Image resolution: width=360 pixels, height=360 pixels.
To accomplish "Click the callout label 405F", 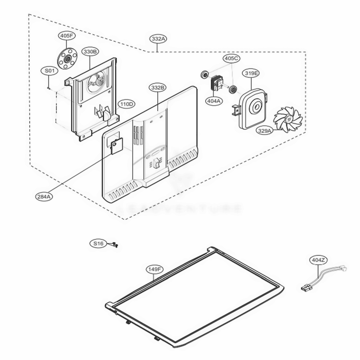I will (x=66, y=36).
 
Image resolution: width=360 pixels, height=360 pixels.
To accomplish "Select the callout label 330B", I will (x=90, y=51).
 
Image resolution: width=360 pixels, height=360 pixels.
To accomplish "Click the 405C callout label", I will (x=232, y=58).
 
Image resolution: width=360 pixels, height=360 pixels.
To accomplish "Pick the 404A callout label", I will (x=213, y=101).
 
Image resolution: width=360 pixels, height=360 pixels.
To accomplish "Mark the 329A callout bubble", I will (x=265, y=131).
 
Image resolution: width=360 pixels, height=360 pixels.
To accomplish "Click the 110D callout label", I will (x=127, y=104).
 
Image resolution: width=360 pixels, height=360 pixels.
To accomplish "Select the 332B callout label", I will (x=158, y=87).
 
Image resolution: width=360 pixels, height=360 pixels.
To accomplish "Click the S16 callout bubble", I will (x=98, y=244).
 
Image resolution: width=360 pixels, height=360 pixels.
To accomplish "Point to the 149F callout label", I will (x=154, y=269).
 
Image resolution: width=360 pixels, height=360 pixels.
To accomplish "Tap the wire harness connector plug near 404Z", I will (x=306, y=288).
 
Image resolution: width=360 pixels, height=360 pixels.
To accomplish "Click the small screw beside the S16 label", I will (x=115, y=245).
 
